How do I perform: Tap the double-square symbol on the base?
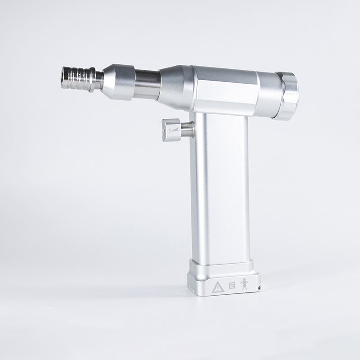click(232, 285)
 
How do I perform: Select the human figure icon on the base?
click(244, 284)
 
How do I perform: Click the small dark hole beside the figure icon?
click(258, 287)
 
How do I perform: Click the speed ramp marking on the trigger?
click(175, 130)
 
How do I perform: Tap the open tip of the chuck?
click(63, 77)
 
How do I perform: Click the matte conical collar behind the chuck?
click(118, 81)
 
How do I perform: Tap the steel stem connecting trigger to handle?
click(187, 130)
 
